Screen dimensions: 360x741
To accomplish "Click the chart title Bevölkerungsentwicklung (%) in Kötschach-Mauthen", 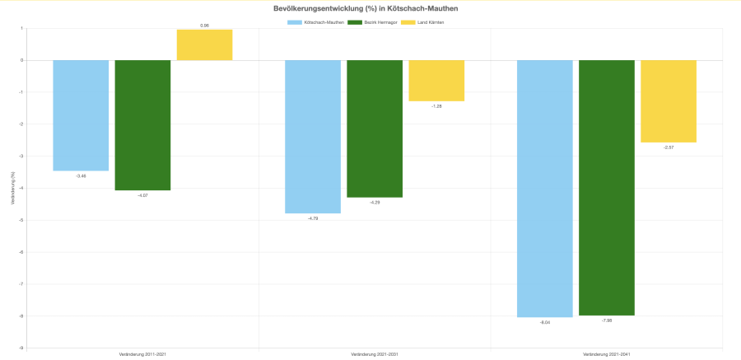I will pos(366,8).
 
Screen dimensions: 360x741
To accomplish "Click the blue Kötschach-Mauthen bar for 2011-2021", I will pos(81,115).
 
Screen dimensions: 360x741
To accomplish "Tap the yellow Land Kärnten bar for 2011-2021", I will pos(204,45).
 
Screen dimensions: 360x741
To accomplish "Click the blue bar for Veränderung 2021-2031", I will pos(313,137).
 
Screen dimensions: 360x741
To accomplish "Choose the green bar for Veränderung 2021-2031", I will pos(375,129).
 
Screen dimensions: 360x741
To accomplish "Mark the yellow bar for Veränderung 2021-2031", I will pos(436,81).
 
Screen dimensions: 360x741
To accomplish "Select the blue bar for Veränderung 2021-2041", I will pos(544,189).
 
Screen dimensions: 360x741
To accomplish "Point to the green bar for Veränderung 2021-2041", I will pos(607,188).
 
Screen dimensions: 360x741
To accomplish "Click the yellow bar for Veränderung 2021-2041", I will pos(669,101).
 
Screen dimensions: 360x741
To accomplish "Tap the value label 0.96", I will pos(204,26).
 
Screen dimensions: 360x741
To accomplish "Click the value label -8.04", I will pos(544,322).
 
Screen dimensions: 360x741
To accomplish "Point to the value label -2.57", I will pos(669,147).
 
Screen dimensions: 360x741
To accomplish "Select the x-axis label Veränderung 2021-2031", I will pos(375,354).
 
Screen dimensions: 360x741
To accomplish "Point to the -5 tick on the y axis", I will pos(21,220).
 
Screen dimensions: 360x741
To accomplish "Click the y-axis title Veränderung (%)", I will pos(12,188).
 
